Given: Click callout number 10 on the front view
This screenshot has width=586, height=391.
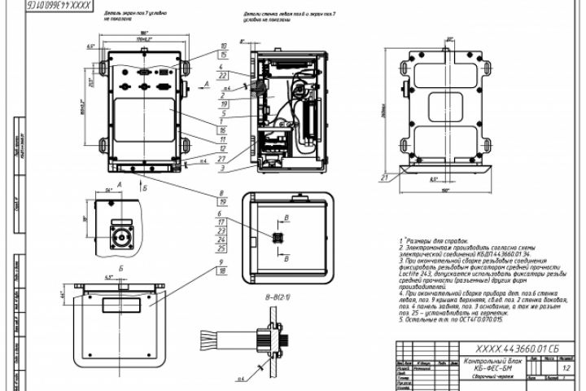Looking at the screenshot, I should [x=223, y=46].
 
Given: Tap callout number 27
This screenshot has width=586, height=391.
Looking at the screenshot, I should [x=223, y=159].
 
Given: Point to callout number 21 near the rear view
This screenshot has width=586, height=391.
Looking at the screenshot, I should [x=383, y=176].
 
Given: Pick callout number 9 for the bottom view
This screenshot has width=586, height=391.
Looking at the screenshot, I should [x=221, y=262].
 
